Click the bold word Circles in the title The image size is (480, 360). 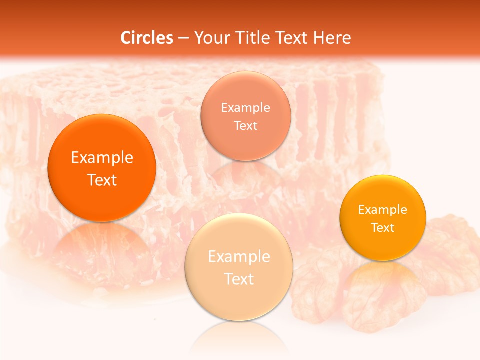tap(147, 38)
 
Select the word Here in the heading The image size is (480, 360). tap(332, 38)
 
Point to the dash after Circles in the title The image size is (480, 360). tap(183, 38)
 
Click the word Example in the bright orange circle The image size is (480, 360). tap(102, 158)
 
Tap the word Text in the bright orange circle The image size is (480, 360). tap(102, 180)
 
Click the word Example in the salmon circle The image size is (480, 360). tap(246, 107)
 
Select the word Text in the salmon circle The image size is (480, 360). tap(246, 125)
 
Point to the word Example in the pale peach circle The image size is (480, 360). tap(239, 257)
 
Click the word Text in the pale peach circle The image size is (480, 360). tap(239, 279)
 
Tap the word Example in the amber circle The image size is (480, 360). tap(383, 210)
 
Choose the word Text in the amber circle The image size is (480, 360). tap(383, 228)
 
